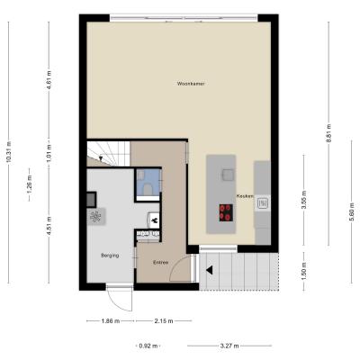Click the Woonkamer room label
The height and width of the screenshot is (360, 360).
(x=191, y=84)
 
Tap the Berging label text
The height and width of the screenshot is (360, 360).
(x=110, y=256)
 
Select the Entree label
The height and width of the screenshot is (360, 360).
(x=160, y=263)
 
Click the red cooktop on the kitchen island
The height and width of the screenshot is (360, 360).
(x=226, y=212)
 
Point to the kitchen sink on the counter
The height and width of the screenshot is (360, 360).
(x=263, y=203)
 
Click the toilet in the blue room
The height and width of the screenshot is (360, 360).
(x=148, y=189)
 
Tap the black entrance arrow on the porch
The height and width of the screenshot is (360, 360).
(x=210, y=270)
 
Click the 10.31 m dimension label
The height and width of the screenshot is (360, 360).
(x=8, y=152)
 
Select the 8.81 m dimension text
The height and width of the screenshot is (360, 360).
(x=328, y=133)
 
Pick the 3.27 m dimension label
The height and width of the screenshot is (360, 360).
(x=229, y=346)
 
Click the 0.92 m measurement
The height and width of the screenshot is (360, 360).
(x=148, y=346)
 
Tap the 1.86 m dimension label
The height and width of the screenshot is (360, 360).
(x=111, y=321)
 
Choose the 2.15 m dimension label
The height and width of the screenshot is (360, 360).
(x=164, y=321)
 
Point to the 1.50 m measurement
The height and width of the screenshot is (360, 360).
(x=304, y=271)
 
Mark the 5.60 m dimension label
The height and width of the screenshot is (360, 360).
(x=352, y=211)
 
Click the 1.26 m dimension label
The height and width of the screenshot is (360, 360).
(x=29, y=184)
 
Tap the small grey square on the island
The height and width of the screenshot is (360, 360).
(x=228, y=175)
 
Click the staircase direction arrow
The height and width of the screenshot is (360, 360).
(x=101, y=158)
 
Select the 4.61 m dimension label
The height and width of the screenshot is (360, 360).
(x=49, y=78)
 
